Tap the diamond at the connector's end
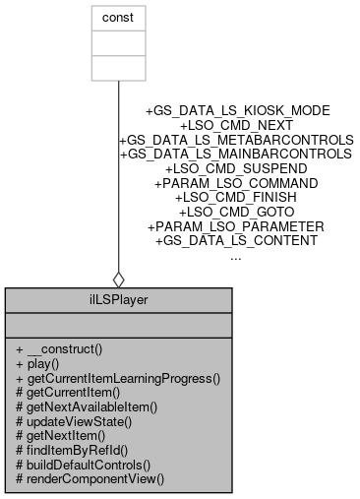pyautogui.click(x=118, y=278)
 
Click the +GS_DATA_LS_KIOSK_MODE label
pyautogui.click(x=236, y=111)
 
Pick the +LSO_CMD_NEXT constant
pyautogui.click(x=236, y=126)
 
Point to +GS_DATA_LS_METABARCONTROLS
pyautogui.click(x=236, y=140)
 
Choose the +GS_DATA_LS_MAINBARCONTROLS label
pyautogui.click(x=236, y=155)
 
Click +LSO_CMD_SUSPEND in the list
pyautogui.click(x=236, y=168)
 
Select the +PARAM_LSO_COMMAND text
pyautogui.click(x=236, y=183)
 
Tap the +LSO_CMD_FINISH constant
pyautogui.click(x=236, y=197)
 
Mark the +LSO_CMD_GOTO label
pyautogui.click(x=236, y=212)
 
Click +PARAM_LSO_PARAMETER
pyautogui.click(x=236, y=225)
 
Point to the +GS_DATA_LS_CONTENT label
pyautogui.click(x=236, y=240)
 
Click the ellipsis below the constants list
pyautogui.click(x=236, y=255)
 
